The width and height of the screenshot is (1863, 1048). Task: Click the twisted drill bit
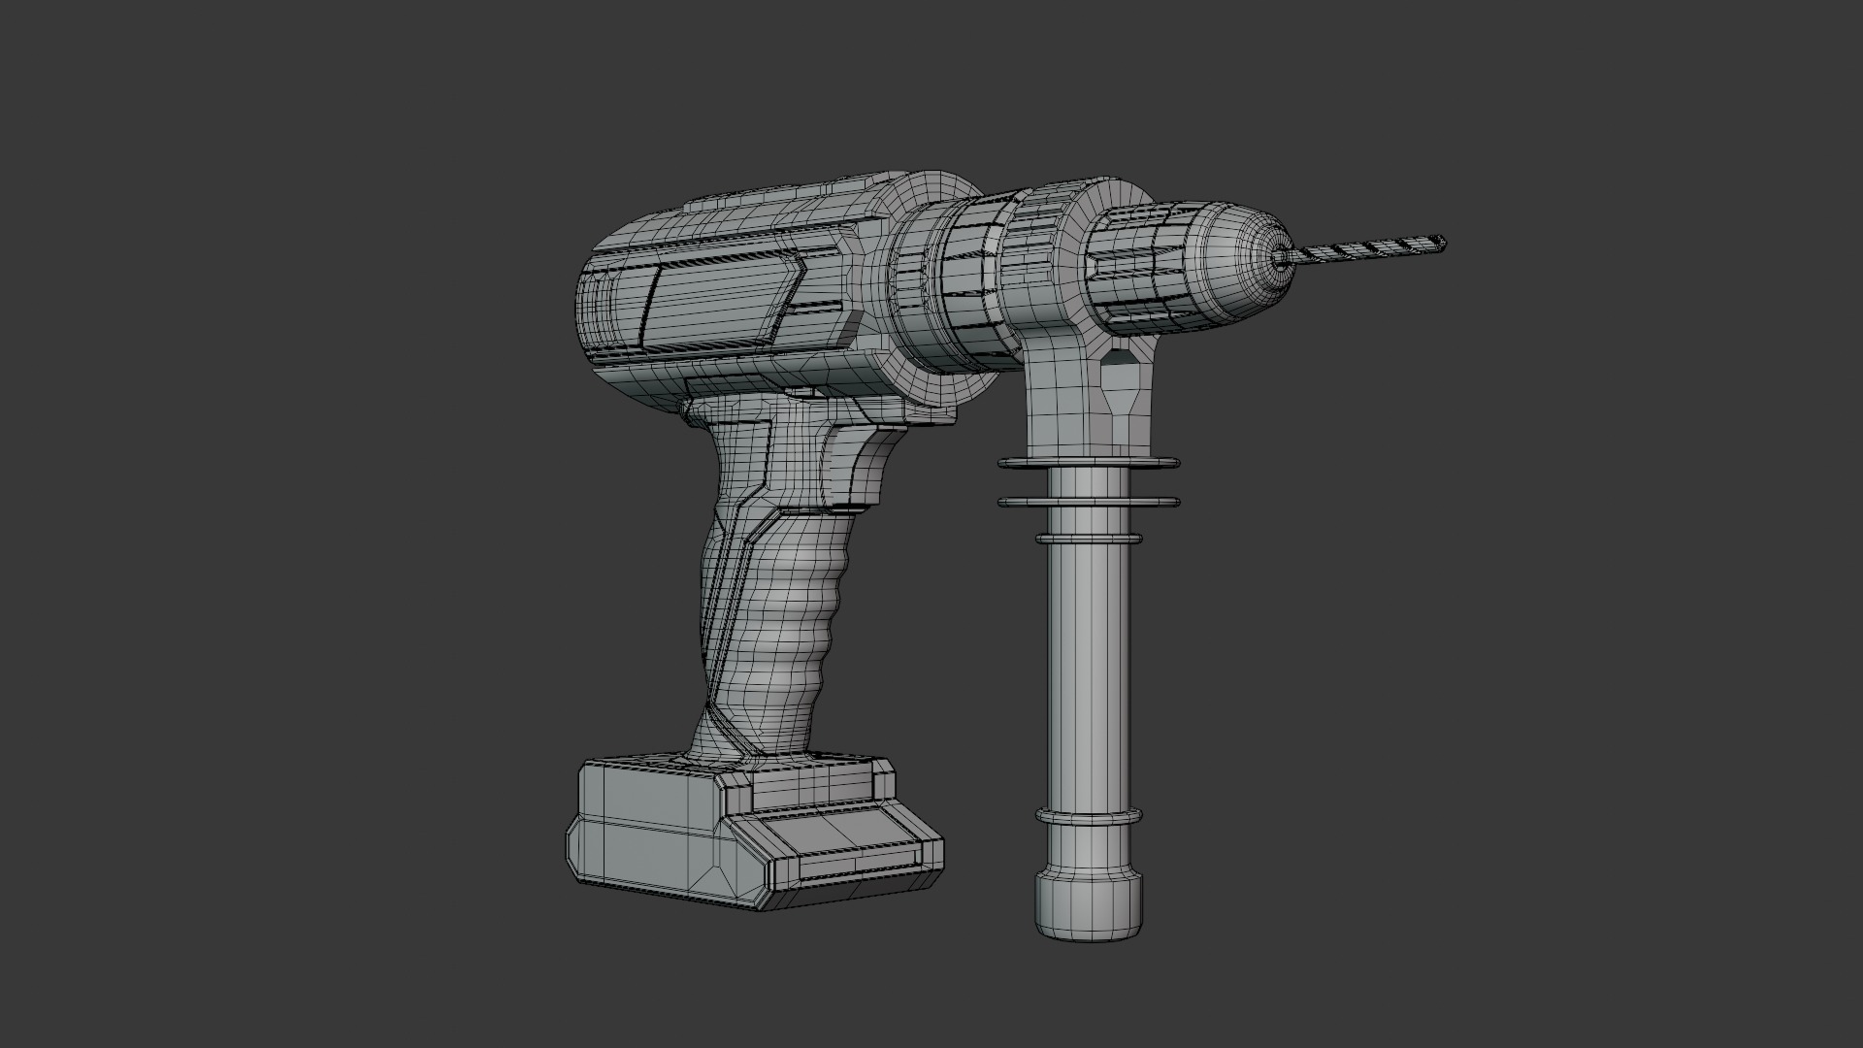pyautogui.click(x=1368, y=249)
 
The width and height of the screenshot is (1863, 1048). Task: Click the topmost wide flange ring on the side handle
pyautogui.click(x=1089, y=463)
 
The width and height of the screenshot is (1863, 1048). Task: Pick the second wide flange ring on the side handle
pyautogui.click(x=1089, y=502)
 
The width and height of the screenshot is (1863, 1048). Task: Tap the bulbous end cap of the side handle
pyautogui.click(x=1088, y=912)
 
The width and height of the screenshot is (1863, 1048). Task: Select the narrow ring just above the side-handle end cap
pyautogui.click(x=1088, y=815)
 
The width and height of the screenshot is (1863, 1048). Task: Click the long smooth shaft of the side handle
pyautogui.click(x=1088, y=670)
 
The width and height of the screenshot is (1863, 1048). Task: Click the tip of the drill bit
pyautogui.click(x=1442, y=243)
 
